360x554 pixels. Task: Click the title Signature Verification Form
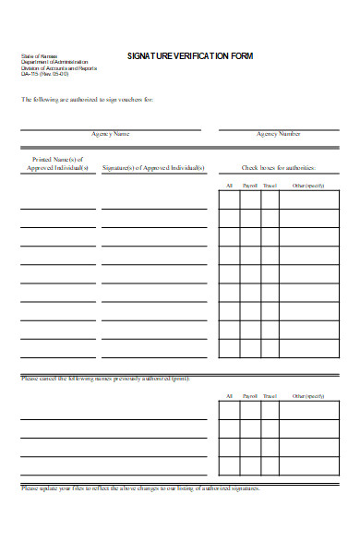(x=190, y=56)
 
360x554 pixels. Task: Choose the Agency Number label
(x=279, y=134)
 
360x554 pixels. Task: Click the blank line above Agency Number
(x=279, y=128)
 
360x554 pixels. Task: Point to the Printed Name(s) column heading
(x=58, y=163)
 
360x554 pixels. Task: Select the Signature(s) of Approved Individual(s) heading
(x=153, y=168)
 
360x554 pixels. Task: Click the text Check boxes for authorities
(x=279, y=168)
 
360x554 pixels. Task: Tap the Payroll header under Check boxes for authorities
(x=249, y=187)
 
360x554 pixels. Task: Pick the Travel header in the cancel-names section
(x=270, y=395)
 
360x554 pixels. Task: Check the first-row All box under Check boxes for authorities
(x=229, y=200)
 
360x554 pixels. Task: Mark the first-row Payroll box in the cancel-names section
(x=249, y=410)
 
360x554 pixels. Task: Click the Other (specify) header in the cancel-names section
(x=309, y=395)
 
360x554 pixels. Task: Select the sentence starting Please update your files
(x=140, y=488)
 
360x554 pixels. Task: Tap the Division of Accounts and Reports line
(x=58, y=68)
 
